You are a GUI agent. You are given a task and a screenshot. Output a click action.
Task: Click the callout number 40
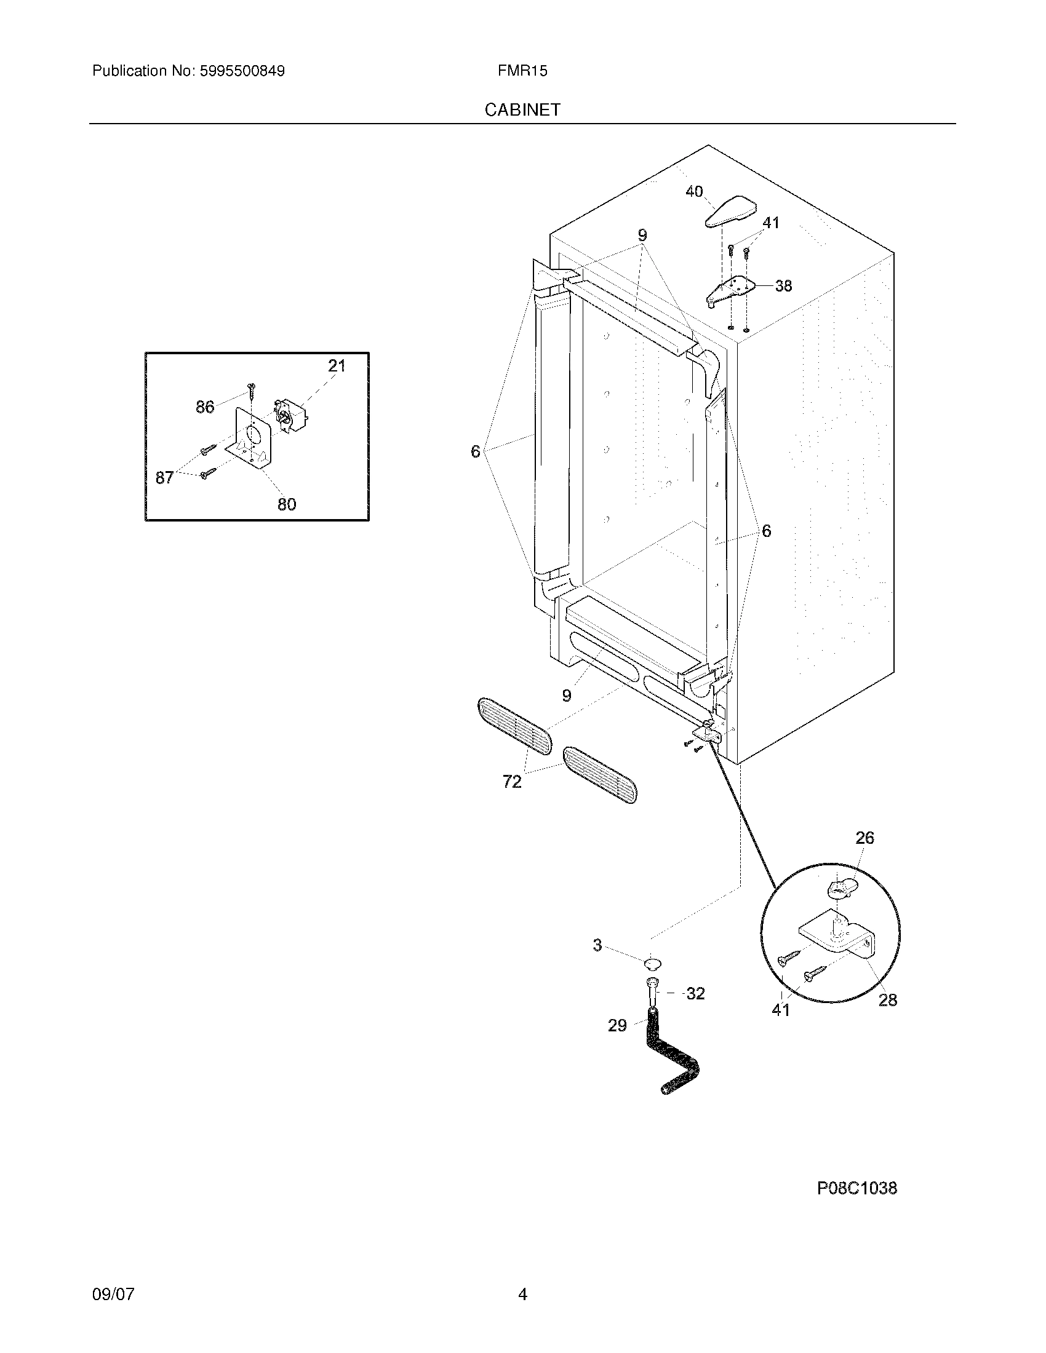click(693, 191)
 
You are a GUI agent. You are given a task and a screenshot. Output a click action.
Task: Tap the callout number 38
click(783, 286)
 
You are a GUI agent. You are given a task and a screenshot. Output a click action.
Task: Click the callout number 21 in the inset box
click(337, 366)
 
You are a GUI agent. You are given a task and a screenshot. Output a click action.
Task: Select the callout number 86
click(205, 407)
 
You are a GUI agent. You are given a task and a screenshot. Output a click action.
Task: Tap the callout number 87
click(164, 478)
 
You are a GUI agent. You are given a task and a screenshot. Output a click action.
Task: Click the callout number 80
click(286, 505)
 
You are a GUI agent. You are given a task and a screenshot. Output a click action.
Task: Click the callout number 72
click(512, 782)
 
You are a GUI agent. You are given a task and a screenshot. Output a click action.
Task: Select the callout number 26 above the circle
click(864, 838)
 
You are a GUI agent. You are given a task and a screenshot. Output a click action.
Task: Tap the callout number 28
click(887, 1001)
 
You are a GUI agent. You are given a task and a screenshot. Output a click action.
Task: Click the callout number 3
click(597, 945)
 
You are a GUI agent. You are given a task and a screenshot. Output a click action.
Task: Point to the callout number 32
click(695, 994)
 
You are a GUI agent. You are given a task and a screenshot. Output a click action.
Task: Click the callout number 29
click(617, 1026)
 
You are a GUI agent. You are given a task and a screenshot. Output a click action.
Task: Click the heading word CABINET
click(522, 109)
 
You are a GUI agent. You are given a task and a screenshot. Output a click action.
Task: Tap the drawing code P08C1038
click(856, 1188)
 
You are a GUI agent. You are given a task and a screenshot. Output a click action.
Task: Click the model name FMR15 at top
click(522, 71)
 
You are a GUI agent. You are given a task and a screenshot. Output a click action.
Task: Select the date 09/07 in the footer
click(113, 1294)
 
